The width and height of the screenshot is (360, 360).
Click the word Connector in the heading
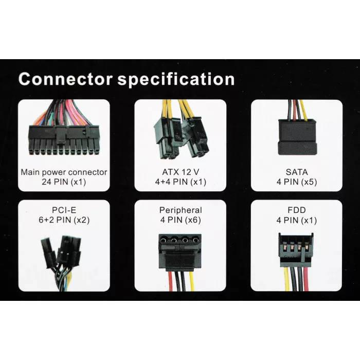click(x=65, y=79)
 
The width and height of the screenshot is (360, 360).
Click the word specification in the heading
click(x=176, y=80)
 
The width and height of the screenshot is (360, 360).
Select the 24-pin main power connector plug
click(x=64, y=139)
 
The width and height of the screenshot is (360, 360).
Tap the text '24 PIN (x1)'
click(x=64, y=182)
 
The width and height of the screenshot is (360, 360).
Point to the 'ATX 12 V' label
click(x=181, y=172)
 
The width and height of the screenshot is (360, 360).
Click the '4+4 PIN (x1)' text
click(x=181, y=182)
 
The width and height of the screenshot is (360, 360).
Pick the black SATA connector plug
click(x=297, y=137)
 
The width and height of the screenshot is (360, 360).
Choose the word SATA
click(x=297, y=172)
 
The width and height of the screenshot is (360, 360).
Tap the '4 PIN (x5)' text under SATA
click(x=297, y=182)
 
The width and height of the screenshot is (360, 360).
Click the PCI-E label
click(x=64, y=210)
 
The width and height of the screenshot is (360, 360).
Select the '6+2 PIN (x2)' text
click(x=64, y=220)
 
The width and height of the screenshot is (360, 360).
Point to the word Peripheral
click(x=181, y=210)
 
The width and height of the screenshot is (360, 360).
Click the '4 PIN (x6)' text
click(x=181, y=220)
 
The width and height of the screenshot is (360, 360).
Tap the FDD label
click(x=297, y=210)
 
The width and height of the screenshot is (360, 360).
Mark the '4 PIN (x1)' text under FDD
click(x=297, y=221)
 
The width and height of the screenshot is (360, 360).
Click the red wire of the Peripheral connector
click(x=170, y=281)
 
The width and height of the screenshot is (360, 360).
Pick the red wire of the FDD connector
click(x=306, y=279)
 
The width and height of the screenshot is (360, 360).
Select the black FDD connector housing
click(x=296, y=250)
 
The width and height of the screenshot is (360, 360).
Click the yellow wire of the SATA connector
click(x=303, y=110)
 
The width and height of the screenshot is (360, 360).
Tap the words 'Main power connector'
click(x=64, y=172)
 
